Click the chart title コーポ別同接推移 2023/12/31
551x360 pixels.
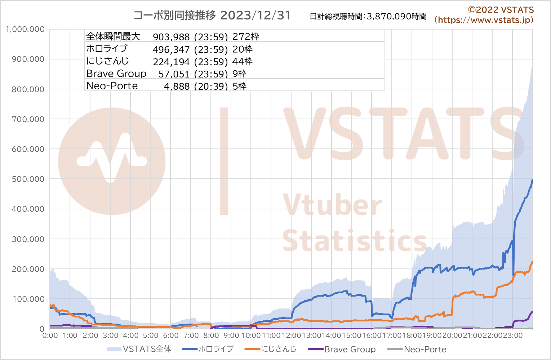tap(212, 15)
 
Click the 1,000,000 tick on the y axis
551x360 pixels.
tap(25, 29)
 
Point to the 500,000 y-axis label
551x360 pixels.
tap(28, 179)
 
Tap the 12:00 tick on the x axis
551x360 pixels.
tap(291, 335)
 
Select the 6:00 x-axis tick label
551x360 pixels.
tap(171, 335)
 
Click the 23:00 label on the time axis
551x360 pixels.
tap(513, 335)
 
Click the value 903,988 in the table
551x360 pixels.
tap(171, 37)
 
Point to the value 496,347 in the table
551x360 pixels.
tap(171, 49)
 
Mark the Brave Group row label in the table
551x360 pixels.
tap(116, 74)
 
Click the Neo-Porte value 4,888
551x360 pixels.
tap(177, 86)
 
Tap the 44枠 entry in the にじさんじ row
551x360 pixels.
tap(243, 62)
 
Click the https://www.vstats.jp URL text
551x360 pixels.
tap(484, 20)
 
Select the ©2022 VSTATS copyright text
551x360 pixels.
tap(501, 10)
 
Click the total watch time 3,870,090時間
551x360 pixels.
tap(396, 17)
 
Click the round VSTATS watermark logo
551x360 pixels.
tap(112, 161)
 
